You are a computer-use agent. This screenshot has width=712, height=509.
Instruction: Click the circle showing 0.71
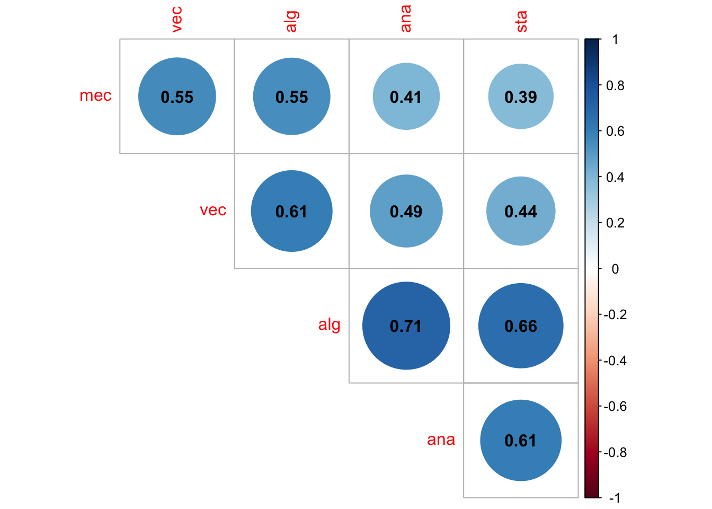click(x=406, y=326)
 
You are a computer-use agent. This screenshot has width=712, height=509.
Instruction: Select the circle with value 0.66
click(x=521, y=326)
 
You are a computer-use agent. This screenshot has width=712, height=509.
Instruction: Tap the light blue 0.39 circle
click(x=521, y=96)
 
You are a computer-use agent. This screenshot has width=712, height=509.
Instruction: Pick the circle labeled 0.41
click(x=406, y=96)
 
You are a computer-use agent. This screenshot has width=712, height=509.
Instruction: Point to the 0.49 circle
click(x=406, y=211)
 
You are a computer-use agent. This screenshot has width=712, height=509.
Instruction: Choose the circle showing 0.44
click(x=521, y=211)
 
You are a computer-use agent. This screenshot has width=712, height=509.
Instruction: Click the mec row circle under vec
click(x=177, y=96)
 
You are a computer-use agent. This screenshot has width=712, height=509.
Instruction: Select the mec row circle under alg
click(x=291, y=96)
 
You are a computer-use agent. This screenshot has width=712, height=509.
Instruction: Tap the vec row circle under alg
click(x=291, y=211)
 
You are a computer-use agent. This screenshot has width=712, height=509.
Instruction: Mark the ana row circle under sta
click(x=521, y=440)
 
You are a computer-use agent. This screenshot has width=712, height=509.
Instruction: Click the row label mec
click(x=95, y=95)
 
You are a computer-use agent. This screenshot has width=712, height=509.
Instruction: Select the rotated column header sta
click(x=521, y=21)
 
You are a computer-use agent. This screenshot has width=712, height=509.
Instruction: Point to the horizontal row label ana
click(x=441, y=440)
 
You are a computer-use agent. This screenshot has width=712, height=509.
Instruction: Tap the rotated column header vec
click(x=177, y=20)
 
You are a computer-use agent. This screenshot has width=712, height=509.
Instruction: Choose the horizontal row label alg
click(x=329, y=324)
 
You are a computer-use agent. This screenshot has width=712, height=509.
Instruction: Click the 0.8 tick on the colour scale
click(x=615, y=85)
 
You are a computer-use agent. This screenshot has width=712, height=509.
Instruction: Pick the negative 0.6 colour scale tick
click(x=615, y=407)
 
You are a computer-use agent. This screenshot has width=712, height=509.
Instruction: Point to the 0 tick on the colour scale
click(x=615, y=269)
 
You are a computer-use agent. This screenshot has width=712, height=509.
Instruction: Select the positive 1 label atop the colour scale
click(x=615, y=39)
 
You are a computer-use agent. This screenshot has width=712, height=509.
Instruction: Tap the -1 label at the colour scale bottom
click(x=615, y=498)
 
